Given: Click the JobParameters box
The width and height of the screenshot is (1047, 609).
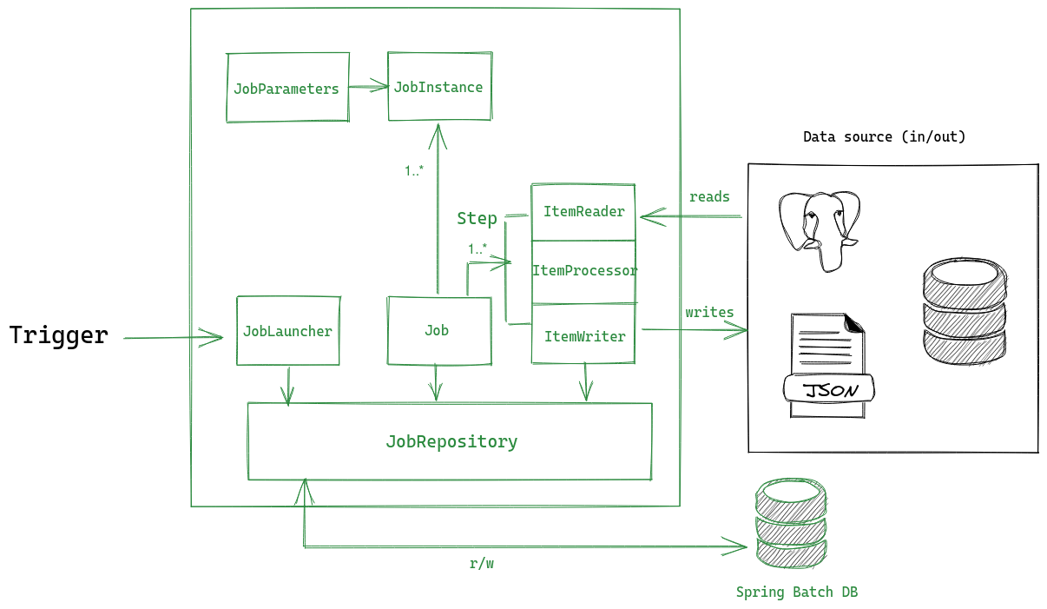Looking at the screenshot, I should [287, 88].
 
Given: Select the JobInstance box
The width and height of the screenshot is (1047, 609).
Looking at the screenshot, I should [438, 87].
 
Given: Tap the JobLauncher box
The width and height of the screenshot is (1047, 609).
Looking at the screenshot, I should [287, 331].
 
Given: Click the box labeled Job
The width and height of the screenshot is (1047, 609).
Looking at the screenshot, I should [438, 331].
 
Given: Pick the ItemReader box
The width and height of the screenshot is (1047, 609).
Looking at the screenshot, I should [583, 212].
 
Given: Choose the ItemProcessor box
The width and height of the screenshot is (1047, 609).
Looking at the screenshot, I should [583, 271].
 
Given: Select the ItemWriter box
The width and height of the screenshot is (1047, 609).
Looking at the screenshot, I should [583, 336].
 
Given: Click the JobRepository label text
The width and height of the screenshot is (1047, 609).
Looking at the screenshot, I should [451, 442].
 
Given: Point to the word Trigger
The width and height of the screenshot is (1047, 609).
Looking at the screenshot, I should [59, 335].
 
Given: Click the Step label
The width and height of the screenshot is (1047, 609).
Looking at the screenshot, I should [477, 219].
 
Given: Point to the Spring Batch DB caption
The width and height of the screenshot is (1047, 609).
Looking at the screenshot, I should [796, 592].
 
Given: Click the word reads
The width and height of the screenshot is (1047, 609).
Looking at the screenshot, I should [708, 197].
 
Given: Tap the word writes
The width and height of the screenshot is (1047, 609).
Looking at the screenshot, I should [709, 313].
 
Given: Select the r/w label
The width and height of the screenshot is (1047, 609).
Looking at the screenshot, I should [481, 564].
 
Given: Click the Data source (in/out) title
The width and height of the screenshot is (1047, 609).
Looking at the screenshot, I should [884, 137].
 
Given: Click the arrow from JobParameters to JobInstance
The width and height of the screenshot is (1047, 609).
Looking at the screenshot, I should [368, 85].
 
